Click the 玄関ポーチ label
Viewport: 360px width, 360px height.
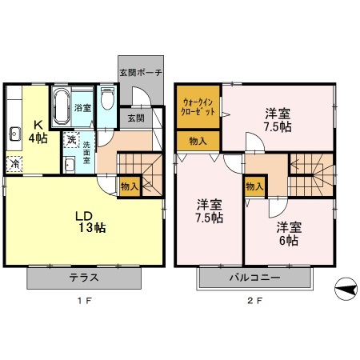click(x=141, y=73)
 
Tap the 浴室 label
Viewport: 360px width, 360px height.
click(x=83, y=107)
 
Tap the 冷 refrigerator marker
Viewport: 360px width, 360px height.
click(x=15, y=164)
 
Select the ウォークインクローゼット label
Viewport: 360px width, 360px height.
click(x=198, y=106)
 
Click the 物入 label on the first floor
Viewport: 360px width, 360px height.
click(x=129, y=186)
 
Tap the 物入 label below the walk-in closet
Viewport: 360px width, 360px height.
click(x=198, y=141)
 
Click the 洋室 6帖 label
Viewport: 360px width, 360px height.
click(x=288, y=233)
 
